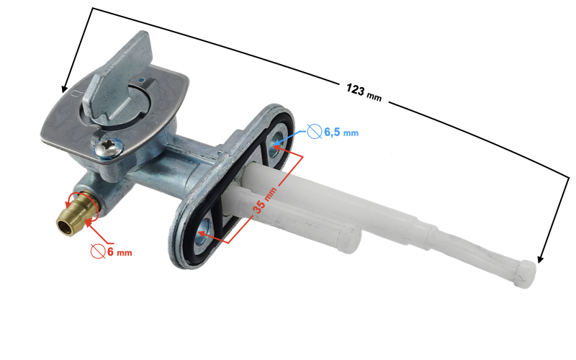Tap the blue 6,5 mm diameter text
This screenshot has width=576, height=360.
341,132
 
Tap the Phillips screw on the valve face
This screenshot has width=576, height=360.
109,148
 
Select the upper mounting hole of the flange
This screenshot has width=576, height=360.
279,146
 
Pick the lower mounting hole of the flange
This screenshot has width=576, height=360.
204,233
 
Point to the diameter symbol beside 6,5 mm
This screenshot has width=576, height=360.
314,131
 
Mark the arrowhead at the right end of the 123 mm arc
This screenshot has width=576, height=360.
539,257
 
